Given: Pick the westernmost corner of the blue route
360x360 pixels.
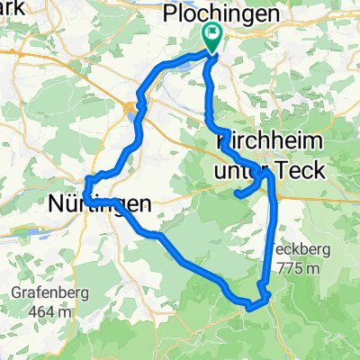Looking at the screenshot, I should (x=83, y=194).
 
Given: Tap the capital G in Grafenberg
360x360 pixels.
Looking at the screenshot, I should (x=17, y=293).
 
